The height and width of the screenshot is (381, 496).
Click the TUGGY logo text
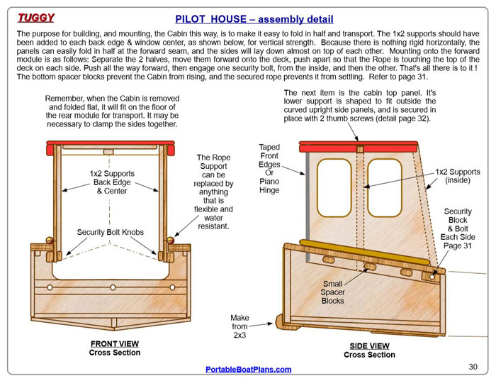tap(35, 17)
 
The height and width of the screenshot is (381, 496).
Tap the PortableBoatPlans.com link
tap(248, 369)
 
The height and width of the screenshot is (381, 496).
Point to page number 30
tap(473, 366)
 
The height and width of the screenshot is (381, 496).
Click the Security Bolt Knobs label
tap(111, 232)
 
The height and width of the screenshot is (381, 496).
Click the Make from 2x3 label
tap(239, 327)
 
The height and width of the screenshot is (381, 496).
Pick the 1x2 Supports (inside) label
tap(458, 176)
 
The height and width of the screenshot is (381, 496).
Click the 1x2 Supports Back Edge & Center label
tap(112, 182)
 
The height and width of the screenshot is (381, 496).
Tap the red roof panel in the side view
tap(361, 147)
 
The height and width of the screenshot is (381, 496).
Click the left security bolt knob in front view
tap(50, 240)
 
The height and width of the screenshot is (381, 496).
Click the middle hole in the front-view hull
tap(111, 287)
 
